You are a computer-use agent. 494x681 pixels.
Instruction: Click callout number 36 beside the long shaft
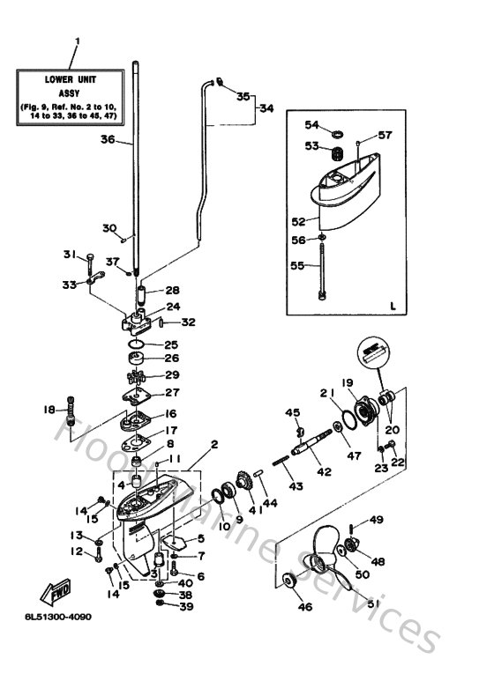108,138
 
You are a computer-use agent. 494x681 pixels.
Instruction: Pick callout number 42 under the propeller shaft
324,472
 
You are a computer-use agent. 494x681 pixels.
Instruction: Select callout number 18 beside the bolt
49,409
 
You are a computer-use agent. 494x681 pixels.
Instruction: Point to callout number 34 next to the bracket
266,108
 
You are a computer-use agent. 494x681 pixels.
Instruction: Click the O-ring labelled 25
137,344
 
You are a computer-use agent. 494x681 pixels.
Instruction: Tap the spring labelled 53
336,155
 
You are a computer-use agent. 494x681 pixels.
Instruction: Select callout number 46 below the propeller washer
305,607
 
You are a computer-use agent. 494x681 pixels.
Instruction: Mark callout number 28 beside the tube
171,290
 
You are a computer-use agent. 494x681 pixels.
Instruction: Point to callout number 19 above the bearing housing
348,382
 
